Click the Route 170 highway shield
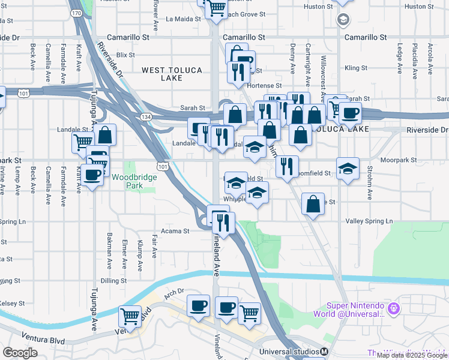point(76,13)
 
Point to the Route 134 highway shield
point(145,116)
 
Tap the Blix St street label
point(125,55)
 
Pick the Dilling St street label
point(109,280)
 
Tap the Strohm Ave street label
point(370,187)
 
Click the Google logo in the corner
point(20,353)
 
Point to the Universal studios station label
point(290,352)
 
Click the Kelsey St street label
point(10,304)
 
